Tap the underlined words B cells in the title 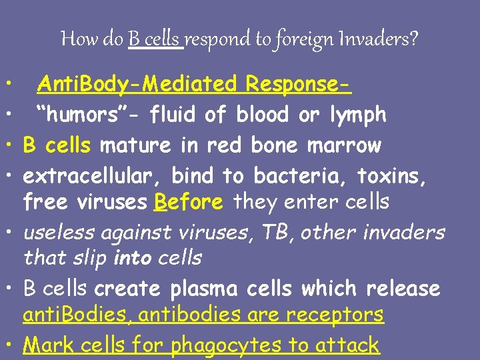(x=155, y=39)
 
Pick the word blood (x=264, y=115)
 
